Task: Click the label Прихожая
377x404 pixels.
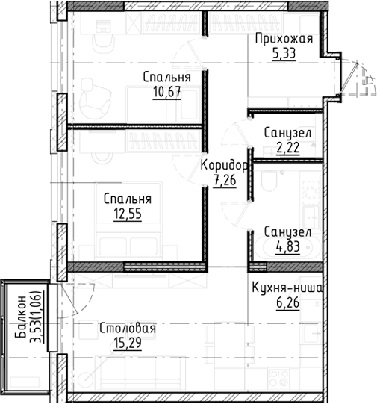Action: [x=283, y=40]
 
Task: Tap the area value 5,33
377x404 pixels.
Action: [x=283, y=54]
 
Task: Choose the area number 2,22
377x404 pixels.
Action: [x=287, y=147]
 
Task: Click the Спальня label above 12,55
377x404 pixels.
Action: [x=128, y=199]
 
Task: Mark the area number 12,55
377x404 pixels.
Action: [x=126, y=214]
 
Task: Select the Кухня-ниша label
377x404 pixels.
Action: [x=287, y=288]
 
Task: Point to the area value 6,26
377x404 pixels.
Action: [x=287, y=302]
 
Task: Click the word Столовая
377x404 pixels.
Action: [x=127, y=328]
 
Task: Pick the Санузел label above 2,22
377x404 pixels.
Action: [x=287, y=133]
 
